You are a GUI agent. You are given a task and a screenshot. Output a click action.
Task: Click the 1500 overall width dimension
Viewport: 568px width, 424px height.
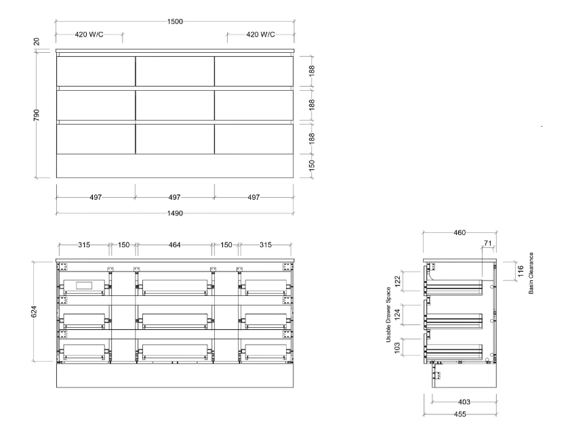point(175,22)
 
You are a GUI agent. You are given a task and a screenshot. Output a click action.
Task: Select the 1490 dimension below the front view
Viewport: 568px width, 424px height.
point(175,213)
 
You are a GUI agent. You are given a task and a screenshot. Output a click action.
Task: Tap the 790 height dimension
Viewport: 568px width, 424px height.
point(37,115)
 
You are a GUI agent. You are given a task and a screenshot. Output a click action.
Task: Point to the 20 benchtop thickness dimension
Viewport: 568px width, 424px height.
point(37,41)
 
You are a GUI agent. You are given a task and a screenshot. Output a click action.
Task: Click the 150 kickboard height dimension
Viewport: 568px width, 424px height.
point(312,165)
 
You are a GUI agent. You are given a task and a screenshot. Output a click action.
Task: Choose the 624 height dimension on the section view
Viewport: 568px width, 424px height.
point(34,312)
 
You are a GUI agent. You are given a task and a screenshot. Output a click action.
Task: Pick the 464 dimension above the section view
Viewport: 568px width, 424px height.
point(174,245)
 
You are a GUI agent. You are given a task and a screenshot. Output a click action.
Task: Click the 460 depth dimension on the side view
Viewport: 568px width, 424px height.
point(460,232)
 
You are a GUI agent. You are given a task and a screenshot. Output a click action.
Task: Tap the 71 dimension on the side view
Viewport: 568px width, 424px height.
point(488,243)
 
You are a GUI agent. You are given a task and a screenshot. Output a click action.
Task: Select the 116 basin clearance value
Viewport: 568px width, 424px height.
point(521,271)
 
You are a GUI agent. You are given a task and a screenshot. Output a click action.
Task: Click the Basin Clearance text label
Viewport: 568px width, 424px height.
point(531,273)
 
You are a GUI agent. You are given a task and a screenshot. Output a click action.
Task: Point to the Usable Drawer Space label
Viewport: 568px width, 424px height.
point(388,315)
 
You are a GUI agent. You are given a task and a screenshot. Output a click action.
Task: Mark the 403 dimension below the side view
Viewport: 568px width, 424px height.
point(464,402)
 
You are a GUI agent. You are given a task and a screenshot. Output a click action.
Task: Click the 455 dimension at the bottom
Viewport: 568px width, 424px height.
point(460,414)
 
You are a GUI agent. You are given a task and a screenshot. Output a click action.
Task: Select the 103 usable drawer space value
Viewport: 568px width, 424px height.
point(397,348)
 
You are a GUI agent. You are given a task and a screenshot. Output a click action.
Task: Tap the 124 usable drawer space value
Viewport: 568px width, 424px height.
point(397,314)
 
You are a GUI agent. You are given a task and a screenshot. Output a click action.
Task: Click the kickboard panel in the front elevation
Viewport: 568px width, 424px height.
point(175,166)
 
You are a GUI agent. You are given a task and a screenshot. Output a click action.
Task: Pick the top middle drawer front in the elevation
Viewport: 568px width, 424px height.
point(175,71)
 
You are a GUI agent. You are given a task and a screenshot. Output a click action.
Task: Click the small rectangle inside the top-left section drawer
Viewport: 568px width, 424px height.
point(84,285)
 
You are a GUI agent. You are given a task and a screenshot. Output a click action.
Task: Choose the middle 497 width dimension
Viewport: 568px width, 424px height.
point(174,197)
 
